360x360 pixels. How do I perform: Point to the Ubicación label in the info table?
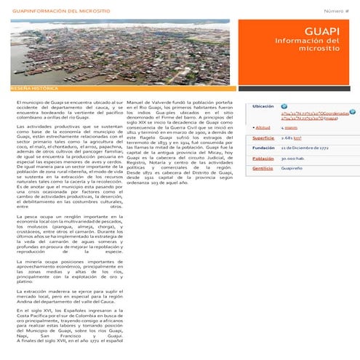tap(263, 106)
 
